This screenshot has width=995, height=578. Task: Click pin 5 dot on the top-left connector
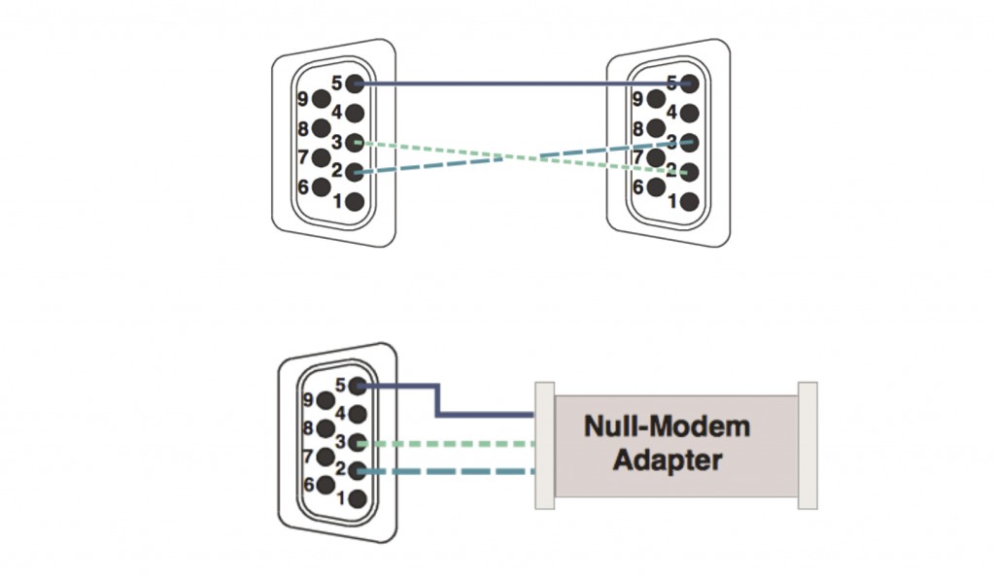[355, 85]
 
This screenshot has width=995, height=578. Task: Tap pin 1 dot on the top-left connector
[355, 202]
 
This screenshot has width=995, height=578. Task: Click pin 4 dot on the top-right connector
[690, 114]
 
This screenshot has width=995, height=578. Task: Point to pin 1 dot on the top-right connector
[690, 202]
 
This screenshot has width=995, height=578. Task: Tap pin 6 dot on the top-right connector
[658, 187]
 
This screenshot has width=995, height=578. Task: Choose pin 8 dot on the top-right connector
[658, 128]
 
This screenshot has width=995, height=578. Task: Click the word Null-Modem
[667, 425]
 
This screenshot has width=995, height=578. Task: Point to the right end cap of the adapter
[807, 445]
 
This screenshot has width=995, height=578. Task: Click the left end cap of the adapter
[544, 445]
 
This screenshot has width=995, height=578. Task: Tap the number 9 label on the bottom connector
[308, 398]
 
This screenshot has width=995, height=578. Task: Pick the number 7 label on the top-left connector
[302, 156]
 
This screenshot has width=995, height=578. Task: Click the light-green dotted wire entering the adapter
[457, 444]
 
